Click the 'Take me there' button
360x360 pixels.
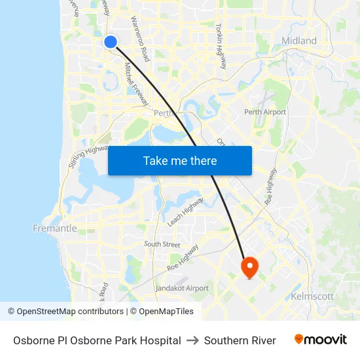click(x=180, y=160)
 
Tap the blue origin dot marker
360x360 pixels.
click(x=110, y=42)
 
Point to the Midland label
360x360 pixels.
click(x=298, y=41)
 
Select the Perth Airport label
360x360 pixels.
click(x=265, y=112)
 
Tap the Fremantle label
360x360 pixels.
click(x=54, y=228)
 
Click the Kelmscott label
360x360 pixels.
click(x=312, y=297)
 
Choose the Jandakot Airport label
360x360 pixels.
click(x=182, y=288)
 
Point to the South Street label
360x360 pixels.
click(x=162, y=244)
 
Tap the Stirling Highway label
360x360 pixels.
click(x=88, y=156)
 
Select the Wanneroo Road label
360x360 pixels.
click(x=141, y=39)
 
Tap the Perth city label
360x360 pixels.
click(x=163, y=113)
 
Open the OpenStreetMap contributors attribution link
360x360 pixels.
click(x=69, y=312)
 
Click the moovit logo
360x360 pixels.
click(x=320, y=340)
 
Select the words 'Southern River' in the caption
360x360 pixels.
click(x=240, y=340)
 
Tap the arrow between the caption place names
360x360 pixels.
click(x=192, y=340)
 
